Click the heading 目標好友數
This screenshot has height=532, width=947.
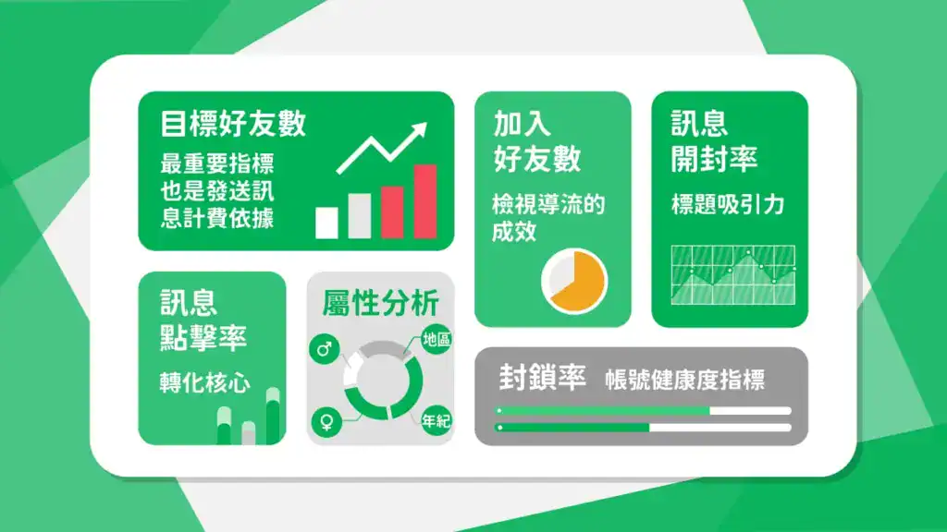click(x=233, y=124)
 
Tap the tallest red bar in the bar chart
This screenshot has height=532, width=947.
click(x=424, y=201)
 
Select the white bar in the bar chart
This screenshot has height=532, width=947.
click(x=327, y=222)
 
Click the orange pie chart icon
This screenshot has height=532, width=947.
click(x=574, y=280)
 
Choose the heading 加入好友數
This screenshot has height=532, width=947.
click(x=536, y=141)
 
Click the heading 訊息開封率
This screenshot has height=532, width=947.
click(x=714, y=141)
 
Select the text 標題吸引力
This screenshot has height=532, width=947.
click(x=727, y=205)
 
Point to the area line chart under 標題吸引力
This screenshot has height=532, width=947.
click(x=732, y=277)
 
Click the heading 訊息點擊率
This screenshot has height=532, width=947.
click(x=203, y=320)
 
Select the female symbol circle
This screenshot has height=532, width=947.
click(x=326, y=422)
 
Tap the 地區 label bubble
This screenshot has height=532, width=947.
click(x=437, y=339)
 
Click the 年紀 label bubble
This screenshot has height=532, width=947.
click(x=436, y=421)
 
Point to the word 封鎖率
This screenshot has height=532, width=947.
click(x=542, y=378)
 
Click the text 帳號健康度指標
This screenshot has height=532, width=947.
click(x=685, y=380)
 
